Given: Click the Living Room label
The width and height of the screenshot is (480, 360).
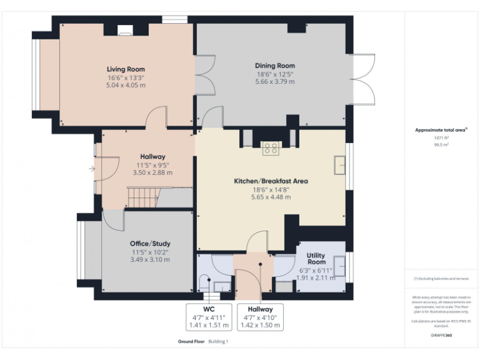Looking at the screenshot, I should pyautogui.click(x=126, y=69).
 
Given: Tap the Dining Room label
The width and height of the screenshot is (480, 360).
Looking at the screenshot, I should pyautogui.click(x=274, y=66).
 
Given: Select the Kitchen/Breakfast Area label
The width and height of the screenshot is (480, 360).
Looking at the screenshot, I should pyautogui.click(x=271, y=181).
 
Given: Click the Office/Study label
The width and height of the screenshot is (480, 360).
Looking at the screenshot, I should pyautogui.click(x=150, y=243).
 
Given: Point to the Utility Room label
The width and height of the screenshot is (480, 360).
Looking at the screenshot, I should pyautogui.click(x=316, y=259).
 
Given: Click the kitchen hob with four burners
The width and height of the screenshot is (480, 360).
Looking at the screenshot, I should pyautogui.click(x=271, y=148).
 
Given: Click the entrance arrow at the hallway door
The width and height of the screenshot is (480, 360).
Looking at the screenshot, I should pyautogui.click(x=92, y=168).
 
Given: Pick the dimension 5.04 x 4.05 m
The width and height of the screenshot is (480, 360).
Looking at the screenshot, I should pyautogui.click(x=126, y=85).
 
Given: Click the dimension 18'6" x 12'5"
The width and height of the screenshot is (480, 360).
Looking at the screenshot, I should pyautogui.click(x=274, y=74).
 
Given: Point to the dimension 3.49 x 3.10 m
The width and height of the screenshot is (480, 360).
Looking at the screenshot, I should pyautogui.click(x=150, y=259).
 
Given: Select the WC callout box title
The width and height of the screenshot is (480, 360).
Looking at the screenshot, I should pyautogui.click(x=209, y=309).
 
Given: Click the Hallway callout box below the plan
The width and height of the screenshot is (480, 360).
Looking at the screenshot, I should pyautogui.click(x=259, y=317).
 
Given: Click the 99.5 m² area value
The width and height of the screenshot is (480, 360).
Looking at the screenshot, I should pyautogui.click(x=442, y=144).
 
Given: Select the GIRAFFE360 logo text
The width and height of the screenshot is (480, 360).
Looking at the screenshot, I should pyautogui.click(x=442, y=335).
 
